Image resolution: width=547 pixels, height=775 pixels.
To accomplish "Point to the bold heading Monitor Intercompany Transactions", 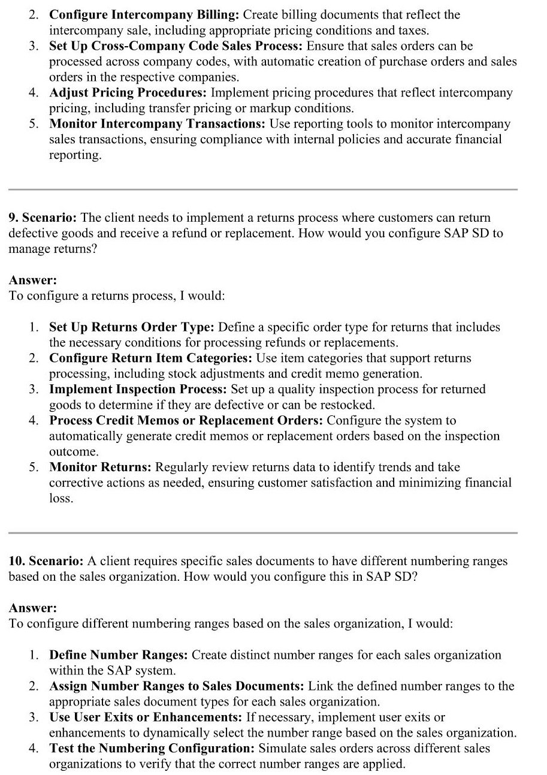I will pyautogui.click(x=157, y=124).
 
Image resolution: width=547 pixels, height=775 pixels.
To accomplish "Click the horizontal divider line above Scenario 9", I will pyautogui.click(x=262, y=190).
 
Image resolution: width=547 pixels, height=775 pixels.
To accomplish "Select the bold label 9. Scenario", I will pyautogui.click(x=43, y=218).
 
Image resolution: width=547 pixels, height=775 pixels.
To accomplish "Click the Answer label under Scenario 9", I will pyautogui.click(x=32, y=280).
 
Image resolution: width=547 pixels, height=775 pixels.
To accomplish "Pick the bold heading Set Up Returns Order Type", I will pyautogui.click(x=131, y=327).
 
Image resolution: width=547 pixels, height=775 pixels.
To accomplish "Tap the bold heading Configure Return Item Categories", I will pyautogui.click(x=150, y=358).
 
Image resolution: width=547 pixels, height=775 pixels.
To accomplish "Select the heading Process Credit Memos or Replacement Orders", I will pyautogui.click(x=186, y=421).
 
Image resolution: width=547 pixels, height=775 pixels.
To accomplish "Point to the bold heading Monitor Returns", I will pyautogui.click(x=100, y=467).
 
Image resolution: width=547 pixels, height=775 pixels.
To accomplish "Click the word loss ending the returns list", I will pyautogui.click(x=61, y=498).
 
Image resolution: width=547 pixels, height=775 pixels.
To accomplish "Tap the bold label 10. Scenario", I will pyautogui.click(x=46, y=562).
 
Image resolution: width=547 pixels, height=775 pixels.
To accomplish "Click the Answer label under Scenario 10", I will pyautogui.click(x=32, y=608).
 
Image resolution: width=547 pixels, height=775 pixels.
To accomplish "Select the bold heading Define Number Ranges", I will pyautogui.click(x=118, y=655).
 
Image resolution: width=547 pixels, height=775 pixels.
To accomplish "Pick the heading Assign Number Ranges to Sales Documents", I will pyautogui.click(x=177, y=686).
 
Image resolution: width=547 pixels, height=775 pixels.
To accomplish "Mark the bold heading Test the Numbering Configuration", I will pyautogui.click(x=152, y=749).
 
